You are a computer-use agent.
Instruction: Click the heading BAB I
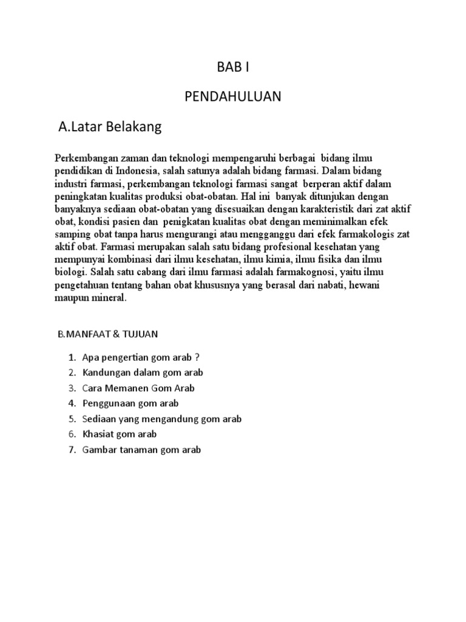point(233,68)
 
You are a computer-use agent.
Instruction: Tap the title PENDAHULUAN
point(232,98)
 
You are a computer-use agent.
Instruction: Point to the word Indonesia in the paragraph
point(138,170)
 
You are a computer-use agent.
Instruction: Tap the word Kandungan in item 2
point(104,372)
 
